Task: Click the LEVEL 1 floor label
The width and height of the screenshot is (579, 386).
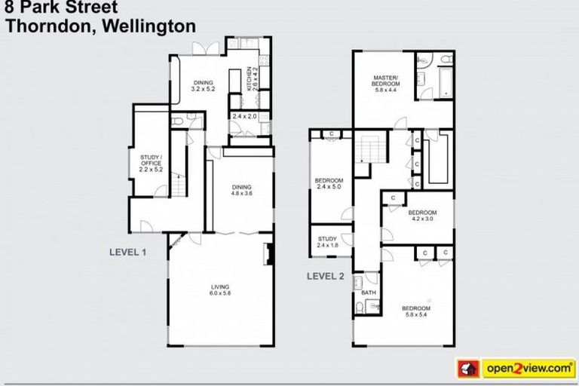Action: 128,253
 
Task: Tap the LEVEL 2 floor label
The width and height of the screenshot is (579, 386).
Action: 325,276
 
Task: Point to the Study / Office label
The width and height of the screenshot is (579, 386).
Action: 151,164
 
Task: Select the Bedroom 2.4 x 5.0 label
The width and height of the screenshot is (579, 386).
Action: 329,185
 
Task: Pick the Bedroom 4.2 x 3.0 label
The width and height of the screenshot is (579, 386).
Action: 422,216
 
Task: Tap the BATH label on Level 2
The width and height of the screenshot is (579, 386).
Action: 369,292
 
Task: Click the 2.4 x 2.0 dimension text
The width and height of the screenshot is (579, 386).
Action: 245,117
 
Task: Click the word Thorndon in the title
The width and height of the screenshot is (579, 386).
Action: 47,25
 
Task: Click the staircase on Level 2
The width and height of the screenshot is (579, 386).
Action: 369,149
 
